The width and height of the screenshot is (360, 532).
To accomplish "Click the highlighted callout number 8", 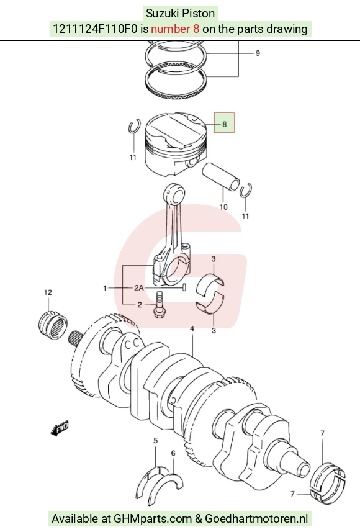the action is coord(224,124).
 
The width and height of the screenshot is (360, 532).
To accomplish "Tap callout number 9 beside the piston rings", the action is coord(258,53).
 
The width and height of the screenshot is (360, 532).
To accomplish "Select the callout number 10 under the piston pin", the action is coord(223,207).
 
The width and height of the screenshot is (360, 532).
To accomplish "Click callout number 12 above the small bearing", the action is coord(48,292).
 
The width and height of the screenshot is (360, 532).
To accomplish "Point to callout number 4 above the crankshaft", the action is coord(192,329).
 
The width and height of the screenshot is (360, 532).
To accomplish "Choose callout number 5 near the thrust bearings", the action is coord(155,441).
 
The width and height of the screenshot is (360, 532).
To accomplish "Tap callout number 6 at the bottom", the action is coord(173,453).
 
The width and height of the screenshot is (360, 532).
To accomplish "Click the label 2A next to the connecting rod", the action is coord(139,289).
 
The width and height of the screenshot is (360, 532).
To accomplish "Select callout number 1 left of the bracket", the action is coord(105,289).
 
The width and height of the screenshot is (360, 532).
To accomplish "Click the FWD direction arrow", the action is coord(60,428).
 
